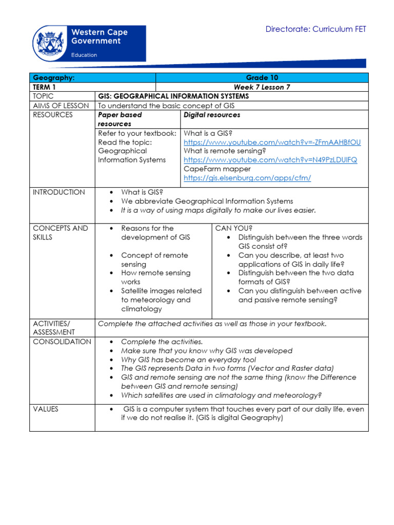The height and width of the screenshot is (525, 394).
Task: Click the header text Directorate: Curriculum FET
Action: coord(316,29)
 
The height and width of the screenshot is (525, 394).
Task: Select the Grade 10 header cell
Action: coord(262,78)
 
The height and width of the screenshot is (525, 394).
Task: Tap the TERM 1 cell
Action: coord(46,87)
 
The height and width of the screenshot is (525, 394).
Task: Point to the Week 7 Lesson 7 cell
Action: coord(262,87)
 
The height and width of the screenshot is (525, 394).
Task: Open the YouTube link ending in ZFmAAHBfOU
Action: coord(272,142)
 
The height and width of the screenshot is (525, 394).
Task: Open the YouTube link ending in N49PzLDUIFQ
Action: coord(270,160)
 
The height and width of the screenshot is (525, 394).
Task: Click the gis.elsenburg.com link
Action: coord(247,178)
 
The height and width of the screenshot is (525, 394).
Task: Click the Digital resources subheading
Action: coord(212,115)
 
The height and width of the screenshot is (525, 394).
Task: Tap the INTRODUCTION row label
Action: coord(59,192)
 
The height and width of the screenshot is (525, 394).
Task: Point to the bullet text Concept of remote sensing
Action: coord(154,259)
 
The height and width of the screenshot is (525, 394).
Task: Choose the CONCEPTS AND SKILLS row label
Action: coord(60,233)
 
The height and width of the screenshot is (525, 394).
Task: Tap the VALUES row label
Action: coord(46,409)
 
